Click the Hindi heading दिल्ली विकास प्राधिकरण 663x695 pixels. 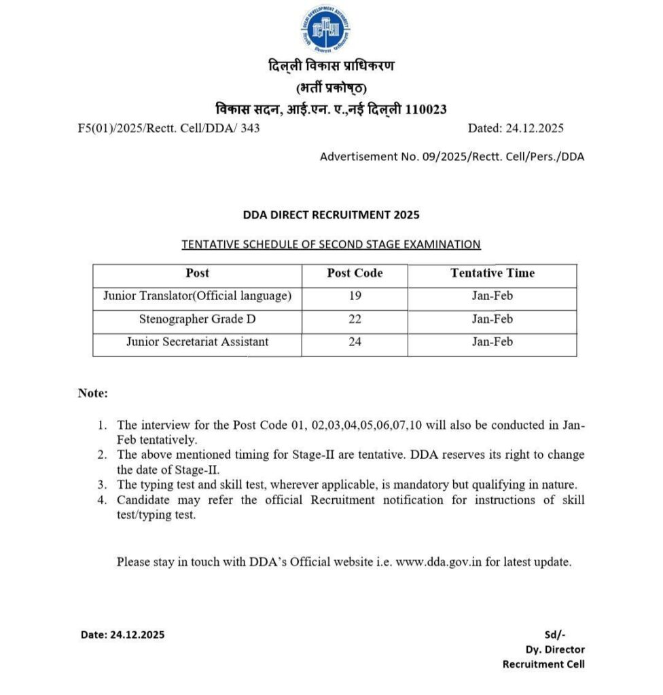click(x=331, y=67)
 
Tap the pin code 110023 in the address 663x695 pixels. click(x=426, y=109)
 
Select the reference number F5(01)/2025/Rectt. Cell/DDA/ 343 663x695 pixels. click(x=168, y=128)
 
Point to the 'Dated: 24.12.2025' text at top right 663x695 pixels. click(x=516, y=128)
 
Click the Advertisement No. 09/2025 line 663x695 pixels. click(x=452, y=157)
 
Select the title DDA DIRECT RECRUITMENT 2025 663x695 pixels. click(x=331, y=214)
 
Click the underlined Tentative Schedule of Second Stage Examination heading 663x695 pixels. click(x=331, y=244)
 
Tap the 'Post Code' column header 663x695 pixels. click(x=355, y=273)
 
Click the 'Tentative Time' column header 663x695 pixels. click(x=492, y=273)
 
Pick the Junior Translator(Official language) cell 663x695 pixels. click(x=197, y=296)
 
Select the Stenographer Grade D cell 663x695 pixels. click(x=197, y=319)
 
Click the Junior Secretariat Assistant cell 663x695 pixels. click(x=197, y=342)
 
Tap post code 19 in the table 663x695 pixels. click(x=355, y=296)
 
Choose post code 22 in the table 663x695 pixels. click(x=355, y=319)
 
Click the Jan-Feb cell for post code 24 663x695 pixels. click(x=492, y=342)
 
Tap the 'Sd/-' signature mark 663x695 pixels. click(x=554, y=635)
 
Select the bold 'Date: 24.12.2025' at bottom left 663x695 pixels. click(x=122, y=635)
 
